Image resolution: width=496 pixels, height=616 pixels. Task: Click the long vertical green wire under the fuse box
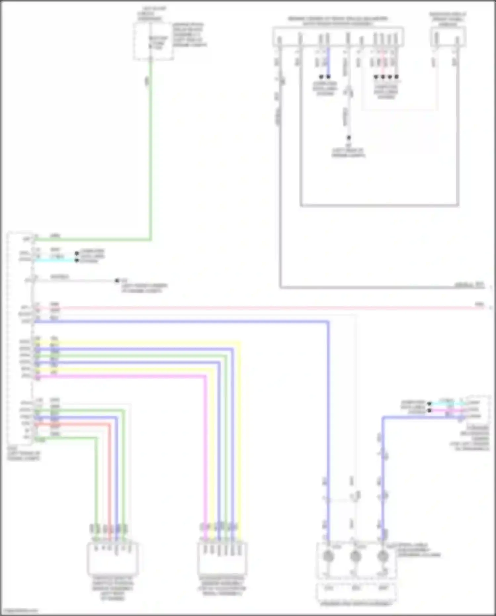(151, 149)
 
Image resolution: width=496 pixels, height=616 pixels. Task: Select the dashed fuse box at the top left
(153, 41)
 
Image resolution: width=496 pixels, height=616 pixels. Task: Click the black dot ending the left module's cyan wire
(77, 261)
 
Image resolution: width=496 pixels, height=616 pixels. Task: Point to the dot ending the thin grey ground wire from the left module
(117, 281)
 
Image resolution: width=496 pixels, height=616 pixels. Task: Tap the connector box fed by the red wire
(112, 558)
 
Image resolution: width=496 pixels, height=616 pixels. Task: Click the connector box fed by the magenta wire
(222, 558)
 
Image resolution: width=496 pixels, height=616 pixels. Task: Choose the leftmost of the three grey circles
(328, 556)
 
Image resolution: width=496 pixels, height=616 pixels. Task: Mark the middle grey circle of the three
(355, 556)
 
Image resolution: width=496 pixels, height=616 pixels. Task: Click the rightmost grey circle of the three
(383, 556)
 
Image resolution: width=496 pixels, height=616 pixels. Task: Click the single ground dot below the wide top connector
(349, 138)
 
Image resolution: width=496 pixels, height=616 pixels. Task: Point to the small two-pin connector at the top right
(448, 36)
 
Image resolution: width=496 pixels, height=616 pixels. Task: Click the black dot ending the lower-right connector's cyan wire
(429, 403)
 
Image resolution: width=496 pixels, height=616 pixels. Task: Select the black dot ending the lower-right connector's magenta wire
(429, 410)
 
